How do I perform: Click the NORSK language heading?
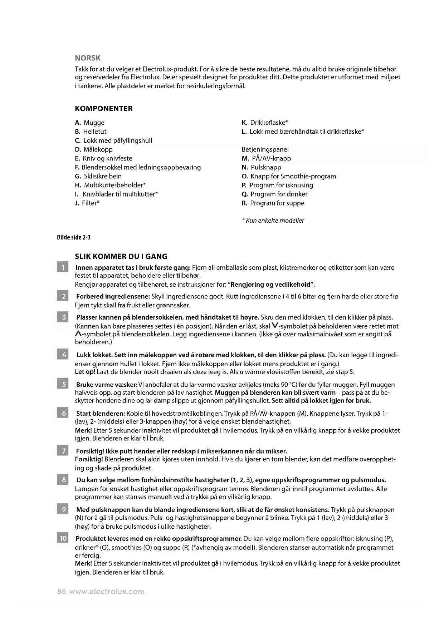tap(88, 58)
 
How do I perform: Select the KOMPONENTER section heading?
tap(103, 109)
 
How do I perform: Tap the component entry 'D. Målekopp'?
tap(94, 149)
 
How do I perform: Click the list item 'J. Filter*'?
tap(87, 203)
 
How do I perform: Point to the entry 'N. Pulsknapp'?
tap(262, 167)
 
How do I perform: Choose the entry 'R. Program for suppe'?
tap(273, 203)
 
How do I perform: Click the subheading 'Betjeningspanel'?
tap(265, 149)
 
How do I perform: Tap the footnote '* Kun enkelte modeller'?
tap(273, 221)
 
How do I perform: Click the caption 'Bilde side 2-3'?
tap(74, 237)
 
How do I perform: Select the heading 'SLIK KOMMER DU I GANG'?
tap(121, 256)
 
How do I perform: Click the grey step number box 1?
tap(63, 267)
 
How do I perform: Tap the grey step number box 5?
tap(63, 385)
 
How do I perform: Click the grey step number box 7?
tap(63, 451)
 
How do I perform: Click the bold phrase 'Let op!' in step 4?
tap(85, 372)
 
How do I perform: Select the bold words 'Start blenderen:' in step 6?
tap(101, 414)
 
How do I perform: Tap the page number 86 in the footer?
tap(62, 592)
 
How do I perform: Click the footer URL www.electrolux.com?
tap(107, 592)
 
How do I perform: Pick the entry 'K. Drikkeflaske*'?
tap(265, 123)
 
